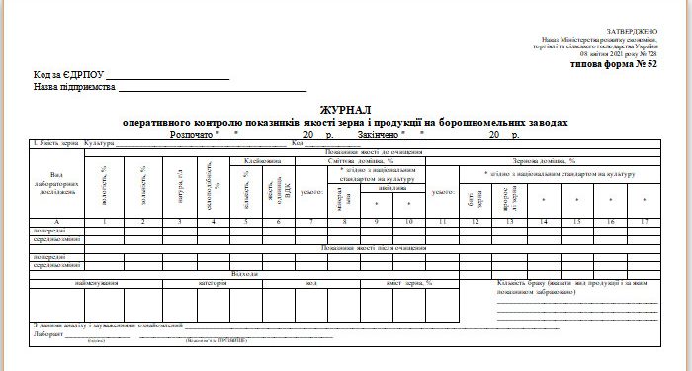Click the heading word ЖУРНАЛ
346,109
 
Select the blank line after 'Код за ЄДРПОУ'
168,75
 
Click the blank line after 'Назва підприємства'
213,88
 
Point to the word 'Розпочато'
192,133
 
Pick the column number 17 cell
645,220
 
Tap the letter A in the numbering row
56,220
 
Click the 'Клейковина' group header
262,160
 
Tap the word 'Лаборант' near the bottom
48,334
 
